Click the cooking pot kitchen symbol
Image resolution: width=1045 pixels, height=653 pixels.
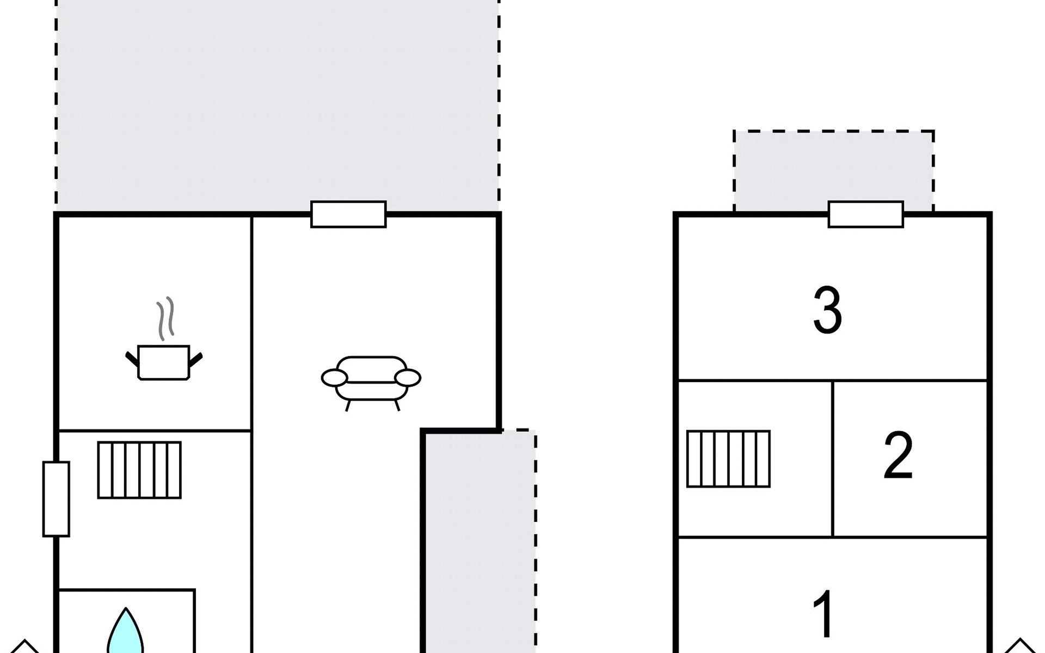[164, 361]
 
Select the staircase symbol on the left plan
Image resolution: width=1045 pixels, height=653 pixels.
[139, 470]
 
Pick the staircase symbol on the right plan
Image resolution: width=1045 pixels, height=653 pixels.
[729, 459]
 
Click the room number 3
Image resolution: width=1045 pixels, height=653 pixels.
[827, 310]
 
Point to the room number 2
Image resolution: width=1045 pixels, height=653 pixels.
[898, 455]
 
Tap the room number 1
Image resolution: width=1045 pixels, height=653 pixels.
[823, 614]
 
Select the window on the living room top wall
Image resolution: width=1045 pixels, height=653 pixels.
[348, 214]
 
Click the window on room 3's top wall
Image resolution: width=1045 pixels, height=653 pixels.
[866, 214]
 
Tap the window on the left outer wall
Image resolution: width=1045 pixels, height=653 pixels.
[56, 499]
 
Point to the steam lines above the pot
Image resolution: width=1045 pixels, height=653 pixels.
[166, 318]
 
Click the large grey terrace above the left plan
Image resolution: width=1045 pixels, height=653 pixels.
[278, 106]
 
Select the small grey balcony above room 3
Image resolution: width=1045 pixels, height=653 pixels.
[834, 171]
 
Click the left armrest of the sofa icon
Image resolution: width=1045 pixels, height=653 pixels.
[334, 378]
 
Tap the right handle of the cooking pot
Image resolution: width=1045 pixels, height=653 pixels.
[195, 360]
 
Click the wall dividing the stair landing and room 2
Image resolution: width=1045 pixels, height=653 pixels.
[833, 459]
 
